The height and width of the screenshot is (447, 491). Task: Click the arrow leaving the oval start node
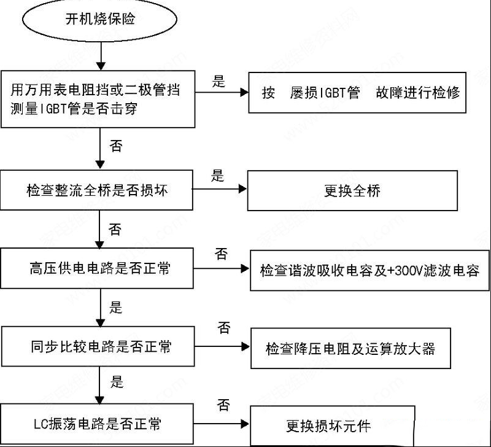(x=101, y=56)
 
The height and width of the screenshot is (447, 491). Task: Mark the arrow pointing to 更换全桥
(x=220, y=189)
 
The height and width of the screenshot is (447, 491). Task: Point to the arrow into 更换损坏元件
(x=222, y=424)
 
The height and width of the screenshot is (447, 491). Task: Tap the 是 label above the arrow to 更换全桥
(x=218, y=176)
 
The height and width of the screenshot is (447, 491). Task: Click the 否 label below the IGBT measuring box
(x=116, y=146)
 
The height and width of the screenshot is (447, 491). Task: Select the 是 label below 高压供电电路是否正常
(x=115, y=307)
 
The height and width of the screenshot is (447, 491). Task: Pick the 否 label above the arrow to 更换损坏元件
(x=223, y=405)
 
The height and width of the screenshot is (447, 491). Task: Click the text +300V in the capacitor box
(x=405, y=270)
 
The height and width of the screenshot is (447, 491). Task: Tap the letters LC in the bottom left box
(x=41, y=424)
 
